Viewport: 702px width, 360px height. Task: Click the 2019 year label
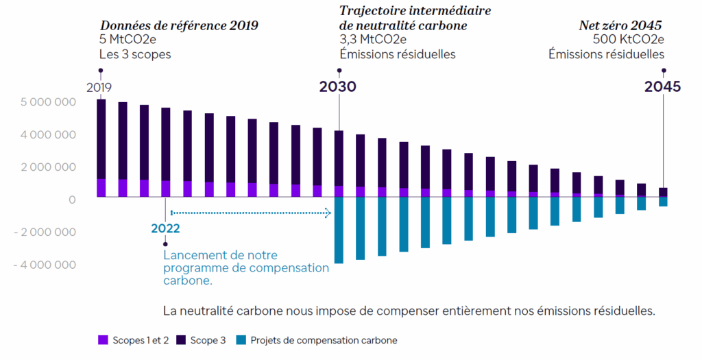click(99, 88)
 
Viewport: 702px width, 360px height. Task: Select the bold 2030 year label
click(339, 87)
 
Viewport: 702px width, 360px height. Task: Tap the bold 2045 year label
click(663, 87)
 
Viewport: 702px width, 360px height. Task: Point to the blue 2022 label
click(165, 228)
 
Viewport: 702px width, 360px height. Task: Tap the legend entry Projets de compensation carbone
click(317, 340)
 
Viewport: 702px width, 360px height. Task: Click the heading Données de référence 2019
click(179, 26)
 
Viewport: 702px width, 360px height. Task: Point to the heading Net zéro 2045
click(621, 26)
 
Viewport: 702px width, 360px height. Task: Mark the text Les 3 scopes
click(134, 53)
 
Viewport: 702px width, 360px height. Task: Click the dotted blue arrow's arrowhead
click(328, 213)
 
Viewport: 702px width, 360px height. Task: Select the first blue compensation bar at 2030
click(339, 230)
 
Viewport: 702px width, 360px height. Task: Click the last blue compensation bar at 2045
click(663, 202)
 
